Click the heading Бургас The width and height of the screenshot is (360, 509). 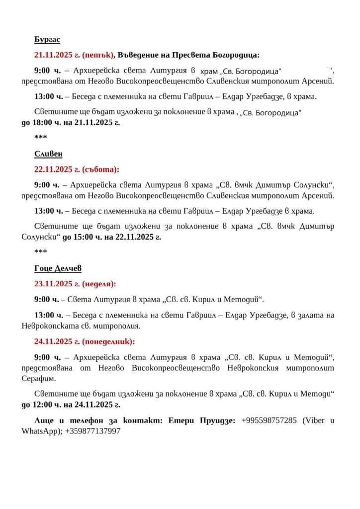tap(47, 39)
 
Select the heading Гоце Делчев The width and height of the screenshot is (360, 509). tap(58, 268)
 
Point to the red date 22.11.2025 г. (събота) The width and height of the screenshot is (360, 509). tap(77, 169)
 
